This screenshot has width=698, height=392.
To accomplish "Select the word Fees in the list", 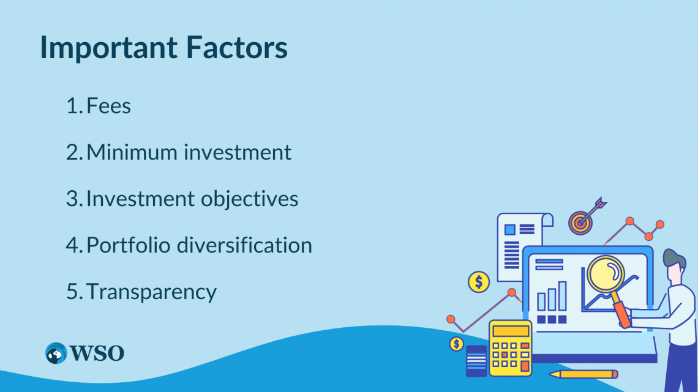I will pos(109,106).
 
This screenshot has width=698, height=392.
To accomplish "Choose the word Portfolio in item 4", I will pos(128,245).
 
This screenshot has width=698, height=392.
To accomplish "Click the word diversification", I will pos(244,245).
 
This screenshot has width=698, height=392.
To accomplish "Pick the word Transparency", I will pos(151,292).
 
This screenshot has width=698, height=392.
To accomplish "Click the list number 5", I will pos(73,292).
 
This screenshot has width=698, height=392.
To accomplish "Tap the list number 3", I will pos(73,199).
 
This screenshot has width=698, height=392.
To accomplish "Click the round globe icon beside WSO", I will pos(56,353).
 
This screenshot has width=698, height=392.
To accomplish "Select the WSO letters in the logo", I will pos(97,353).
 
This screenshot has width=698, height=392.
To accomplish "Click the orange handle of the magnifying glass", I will pos(621,313).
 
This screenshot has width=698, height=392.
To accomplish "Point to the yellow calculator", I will pos(509,349).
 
